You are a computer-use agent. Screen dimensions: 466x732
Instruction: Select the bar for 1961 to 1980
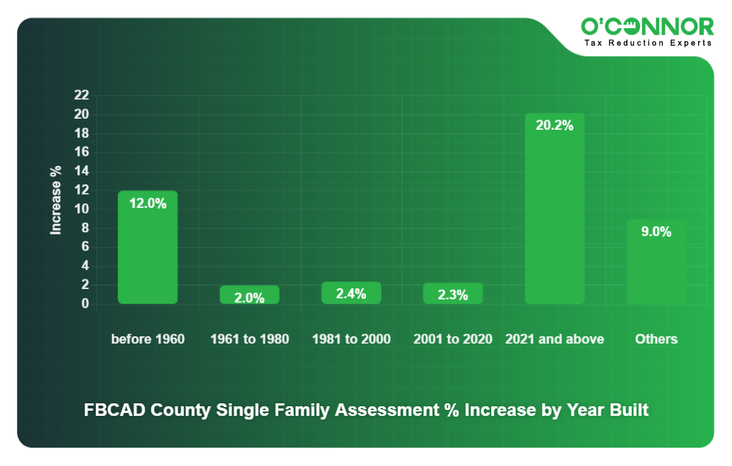(250, 295)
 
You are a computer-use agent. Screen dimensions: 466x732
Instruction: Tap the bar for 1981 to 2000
(351, 293)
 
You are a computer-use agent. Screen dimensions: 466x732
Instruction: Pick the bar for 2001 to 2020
(453, 293)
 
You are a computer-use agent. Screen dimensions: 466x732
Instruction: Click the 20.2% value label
(555, 125)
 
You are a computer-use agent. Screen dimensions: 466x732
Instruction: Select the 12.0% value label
(148, 204)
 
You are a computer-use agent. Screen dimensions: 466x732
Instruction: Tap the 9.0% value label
(656, 232)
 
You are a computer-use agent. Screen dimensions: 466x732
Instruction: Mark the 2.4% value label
(351, 293)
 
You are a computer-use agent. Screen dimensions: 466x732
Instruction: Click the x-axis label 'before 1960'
(148, 339)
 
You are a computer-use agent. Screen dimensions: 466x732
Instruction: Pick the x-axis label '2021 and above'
(555, 339)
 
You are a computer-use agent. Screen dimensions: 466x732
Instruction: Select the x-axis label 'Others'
(656, 339)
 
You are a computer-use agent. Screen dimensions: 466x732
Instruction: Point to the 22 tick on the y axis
(81, 95)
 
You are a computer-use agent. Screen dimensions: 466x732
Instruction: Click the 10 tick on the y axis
(81, 209)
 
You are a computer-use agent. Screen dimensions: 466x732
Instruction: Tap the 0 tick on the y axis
(85, 304)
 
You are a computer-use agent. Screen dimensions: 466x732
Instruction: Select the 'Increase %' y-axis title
(56, 200)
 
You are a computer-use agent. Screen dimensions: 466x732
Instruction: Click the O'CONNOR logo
(647, 27)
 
